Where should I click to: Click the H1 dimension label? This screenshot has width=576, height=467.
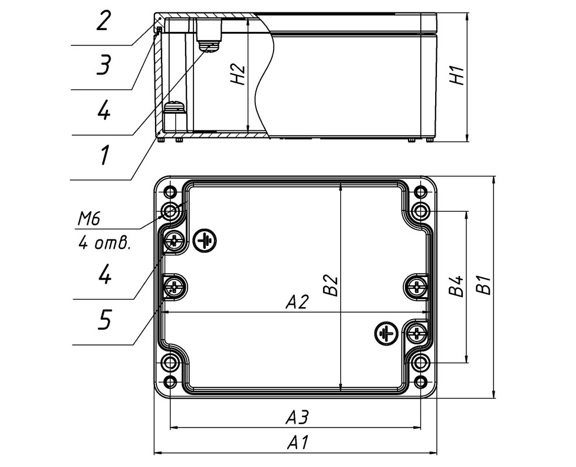459,75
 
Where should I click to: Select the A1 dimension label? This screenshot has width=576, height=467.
298,442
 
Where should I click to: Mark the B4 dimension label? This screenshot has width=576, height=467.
456,286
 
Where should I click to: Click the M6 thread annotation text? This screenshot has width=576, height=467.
89,220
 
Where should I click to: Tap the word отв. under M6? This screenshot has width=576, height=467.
111,244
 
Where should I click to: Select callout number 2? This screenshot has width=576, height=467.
103,22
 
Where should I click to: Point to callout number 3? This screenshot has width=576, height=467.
103,65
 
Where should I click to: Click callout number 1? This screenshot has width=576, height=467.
104,155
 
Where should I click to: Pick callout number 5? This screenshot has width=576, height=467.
104,320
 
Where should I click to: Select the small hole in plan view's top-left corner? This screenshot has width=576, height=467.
170,191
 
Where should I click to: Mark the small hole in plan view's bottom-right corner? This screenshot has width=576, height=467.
420,382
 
